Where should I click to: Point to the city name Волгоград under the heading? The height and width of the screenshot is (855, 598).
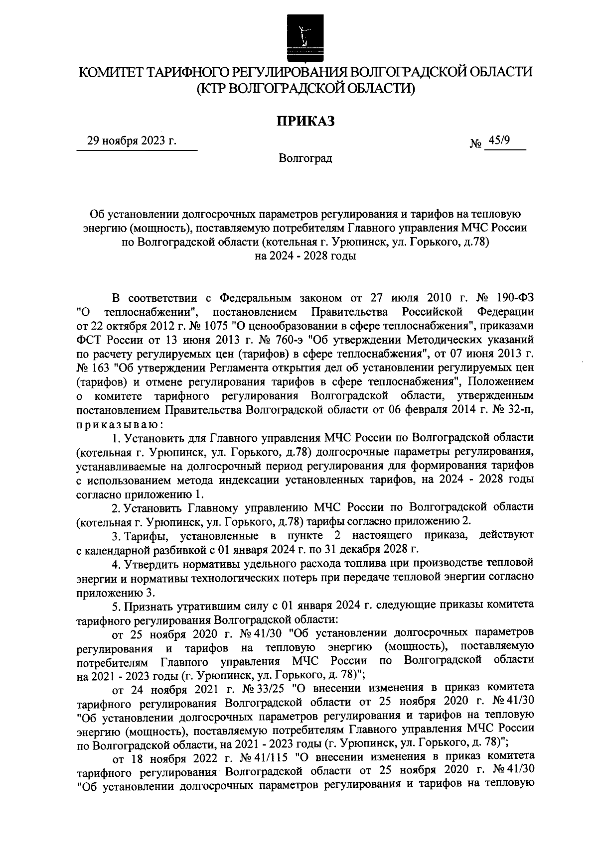point(305,159)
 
